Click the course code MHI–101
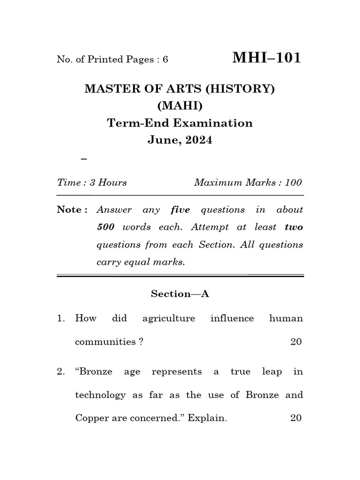267,58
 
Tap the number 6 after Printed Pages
165,60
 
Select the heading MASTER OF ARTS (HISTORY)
180,89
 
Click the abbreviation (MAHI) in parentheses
180,106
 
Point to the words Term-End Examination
180,123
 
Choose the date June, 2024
180,140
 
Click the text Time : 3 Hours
92,182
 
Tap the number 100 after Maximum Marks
293,182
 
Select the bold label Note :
72,210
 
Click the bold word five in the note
180,210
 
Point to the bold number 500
106,227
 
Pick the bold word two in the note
294,227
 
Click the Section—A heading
180,293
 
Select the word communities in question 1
106,342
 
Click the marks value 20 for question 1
296,342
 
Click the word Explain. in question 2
207,418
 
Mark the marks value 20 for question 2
296,418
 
